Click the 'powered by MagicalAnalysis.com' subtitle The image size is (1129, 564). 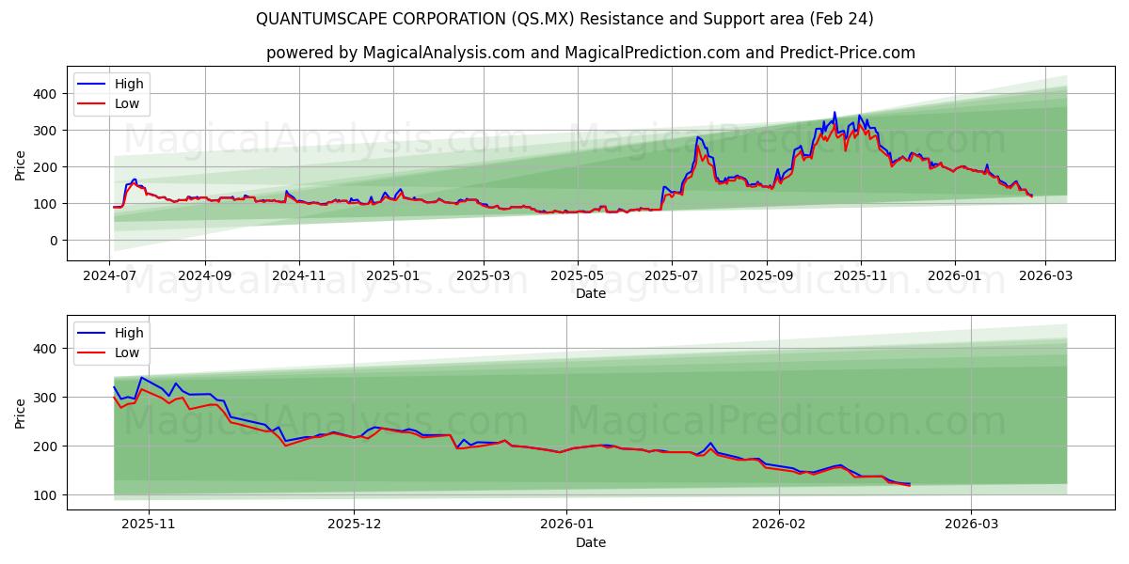tap(590, 53)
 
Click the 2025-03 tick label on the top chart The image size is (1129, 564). tap(484, 276)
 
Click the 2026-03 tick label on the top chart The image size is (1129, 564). tap(1044, 276)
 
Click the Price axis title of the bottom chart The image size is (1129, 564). tap(21, 413)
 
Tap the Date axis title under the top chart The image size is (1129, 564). tap(590, 293)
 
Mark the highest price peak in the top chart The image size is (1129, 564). tap(834, 113)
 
